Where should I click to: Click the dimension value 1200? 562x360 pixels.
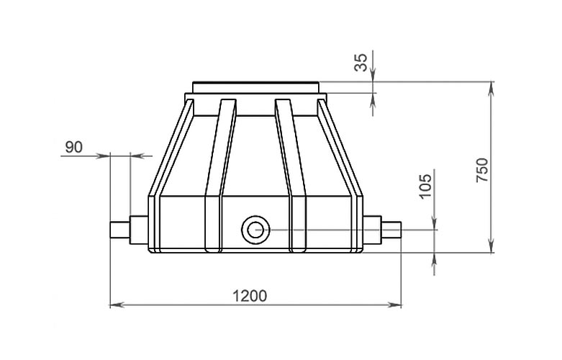tap(250, 296)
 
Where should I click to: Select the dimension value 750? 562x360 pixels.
tap(482, 170)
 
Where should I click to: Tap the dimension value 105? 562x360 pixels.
tap(425, 186)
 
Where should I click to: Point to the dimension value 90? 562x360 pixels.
tap(74, 147)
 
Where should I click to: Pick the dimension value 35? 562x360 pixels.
tap(361, 63)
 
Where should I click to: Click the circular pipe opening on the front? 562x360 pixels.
tap(255, 230)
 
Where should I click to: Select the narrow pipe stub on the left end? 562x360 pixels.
tap(119, 230)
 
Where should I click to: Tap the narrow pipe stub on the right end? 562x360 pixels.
tap(391, 230)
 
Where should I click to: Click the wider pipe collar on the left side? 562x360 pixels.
tap(139, 230)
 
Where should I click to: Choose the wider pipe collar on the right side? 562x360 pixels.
tap(372, 230)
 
